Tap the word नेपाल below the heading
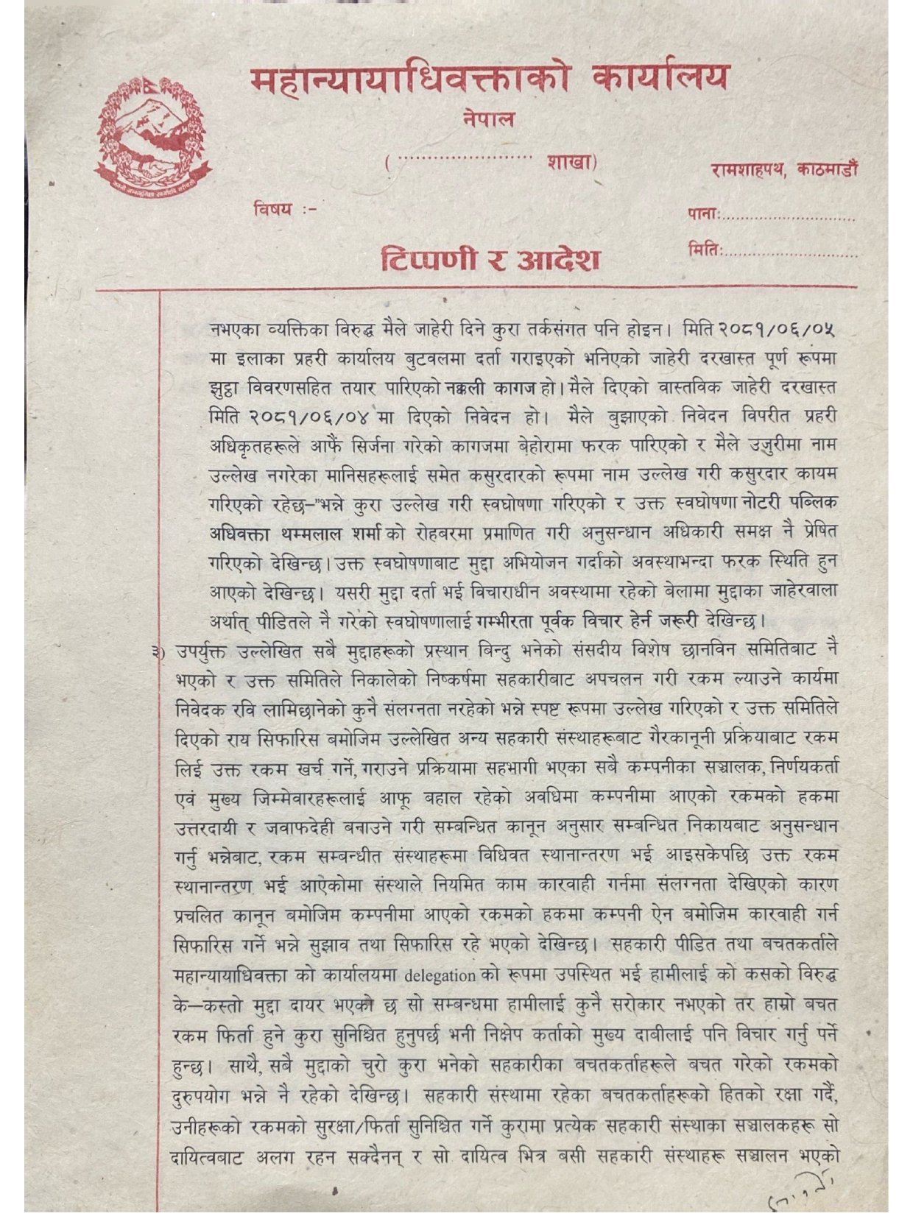[x=489, y=119]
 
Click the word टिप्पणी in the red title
[x=429, y=259]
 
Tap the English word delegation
[x=440, y=975]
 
